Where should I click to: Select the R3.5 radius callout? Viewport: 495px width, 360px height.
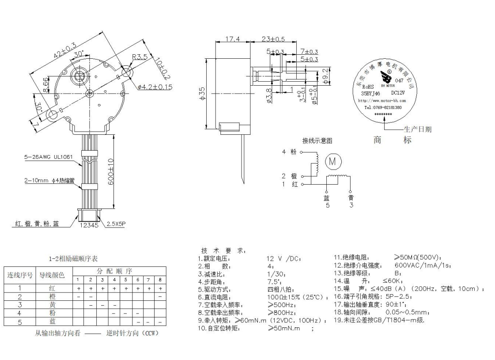(140, 57)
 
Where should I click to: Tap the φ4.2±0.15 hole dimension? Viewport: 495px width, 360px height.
(155, 87)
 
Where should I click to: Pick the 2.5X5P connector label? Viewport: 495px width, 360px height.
(116, 224)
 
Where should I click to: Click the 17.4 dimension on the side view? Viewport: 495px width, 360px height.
(232, 39)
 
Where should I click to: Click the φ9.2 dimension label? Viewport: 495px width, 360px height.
(325, 76)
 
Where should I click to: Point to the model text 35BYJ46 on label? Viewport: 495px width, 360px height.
(370, 93)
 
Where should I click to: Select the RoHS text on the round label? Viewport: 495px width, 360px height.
(367, 87)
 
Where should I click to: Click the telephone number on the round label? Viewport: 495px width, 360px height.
(382, 107)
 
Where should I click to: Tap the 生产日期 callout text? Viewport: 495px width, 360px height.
(417, 129)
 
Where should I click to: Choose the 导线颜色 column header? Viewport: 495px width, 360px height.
(52, 275)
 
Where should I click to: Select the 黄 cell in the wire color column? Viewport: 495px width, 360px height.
(52, 305)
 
